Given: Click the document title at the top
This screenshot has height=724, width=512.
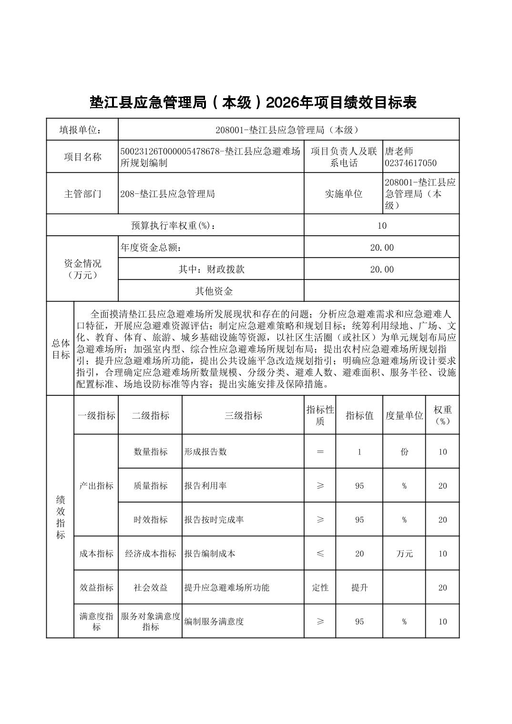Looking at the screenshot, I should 253,102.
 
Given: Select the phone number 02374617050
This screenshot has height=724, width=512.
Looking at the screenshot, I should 410,163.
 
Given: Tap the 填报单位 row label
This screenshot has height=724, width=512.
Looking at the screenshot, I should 82,130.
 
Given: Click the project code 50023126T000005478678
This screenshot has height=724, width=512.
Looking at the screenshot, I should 169,151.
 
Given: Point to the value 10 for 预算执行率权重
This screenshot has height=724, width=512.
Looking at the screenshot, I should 381,225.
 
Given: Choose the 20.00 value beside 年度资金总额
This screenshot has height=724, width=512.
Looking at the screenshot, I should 382,247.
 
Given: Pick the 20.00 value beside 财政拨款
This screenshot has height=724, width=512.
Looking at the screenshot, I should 382,269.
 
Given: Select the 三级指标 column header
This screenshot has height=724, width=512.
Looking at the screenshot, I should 243,415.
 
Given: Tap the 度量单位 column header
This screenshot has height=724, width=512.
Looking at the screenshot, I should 404,415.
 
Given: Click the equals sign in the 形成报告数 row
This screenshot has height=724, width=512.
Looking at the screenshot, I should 320,452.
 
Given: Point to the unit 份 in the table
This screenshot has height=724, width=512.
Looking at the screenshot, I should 404,452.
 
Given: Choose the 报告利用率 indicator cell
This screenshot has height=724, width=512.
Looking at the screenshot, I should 205,486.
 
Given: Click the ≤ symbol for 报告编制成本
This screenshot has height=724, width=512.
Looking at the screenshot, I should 320,553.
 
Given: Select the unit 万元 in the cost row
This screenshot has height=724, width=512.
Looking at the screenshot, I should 404,553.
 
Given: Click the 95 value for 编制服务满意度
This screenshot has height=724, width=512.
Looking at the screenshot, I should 359,622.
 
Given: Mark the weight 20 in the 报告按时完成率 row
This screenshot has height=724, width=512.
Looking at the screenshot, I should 442,520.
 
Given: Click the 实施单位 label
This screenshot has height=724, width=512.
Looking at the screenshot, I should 343,194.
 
